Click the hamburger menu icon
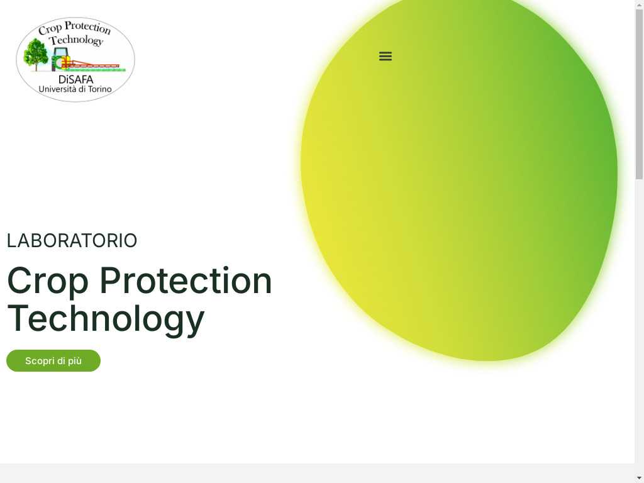[x=386, y=56]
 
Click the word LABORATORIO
[x=72, y=241]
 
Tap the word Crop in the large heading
[x=48, y=281]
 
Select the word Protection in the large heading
[x=186, y=280]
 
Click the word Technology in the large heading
[x=106, y=319]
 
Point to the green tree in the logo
[x=36, y=54]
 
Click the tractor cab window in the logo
[x=61, y=53]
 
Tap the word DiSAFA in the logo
[x=76, y=79]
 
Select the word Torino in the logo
[x=100, y=89]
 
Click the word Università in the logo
[x=57, y=89]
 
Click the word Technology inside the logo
[x=76, y=40]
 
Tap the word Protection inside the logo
[x=87, y=27]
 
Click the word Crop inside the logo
[x=50, y=29]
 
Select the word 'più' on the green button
[x=75, y=361]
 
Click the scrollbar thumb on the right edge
[x=640, y=94]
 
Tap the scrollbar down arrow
[x=639, y=479]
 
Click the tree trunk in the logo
[x=36, y=67]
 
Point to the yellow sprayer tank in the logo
[x=65, y=62]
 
